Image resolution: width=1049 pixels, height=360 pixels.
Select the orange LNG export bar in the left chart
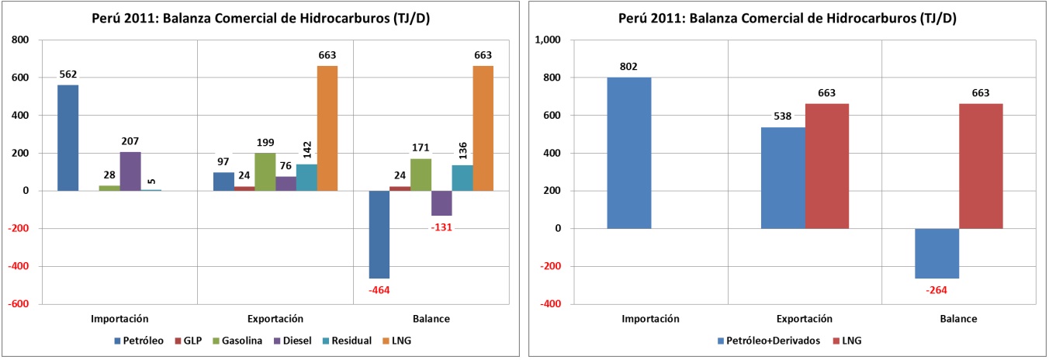(x=327, y=128)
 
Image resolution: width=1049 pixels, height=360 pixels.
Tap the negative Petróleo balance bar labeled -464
(x=379, y=234)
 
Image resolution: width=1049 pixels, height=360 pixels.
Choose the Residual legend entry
(x=350, y=340)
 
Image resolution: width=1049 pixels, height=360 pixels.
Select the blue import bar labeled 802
(x=628, y=153)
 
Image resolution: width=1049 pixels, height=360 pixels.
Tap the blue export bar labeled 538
(x=783, y=178)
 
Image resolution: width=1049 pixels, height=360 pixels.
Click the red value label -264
(x=936, y=290)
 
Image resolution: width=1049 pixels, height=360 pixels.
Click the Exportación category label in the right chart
(x=805, y=319)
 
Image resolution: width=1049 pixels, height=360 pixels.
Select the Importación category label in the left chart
(x=119, y=319)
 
